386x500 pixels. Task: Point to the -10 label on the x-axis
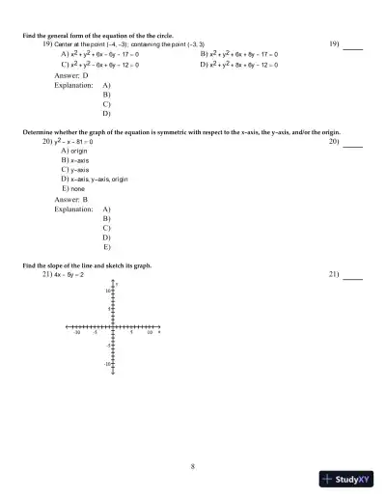pyautogui.click(x=77, y=333)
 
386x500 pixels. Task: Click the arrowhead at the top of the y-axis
pyautogui.click(x=114, y=282)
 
